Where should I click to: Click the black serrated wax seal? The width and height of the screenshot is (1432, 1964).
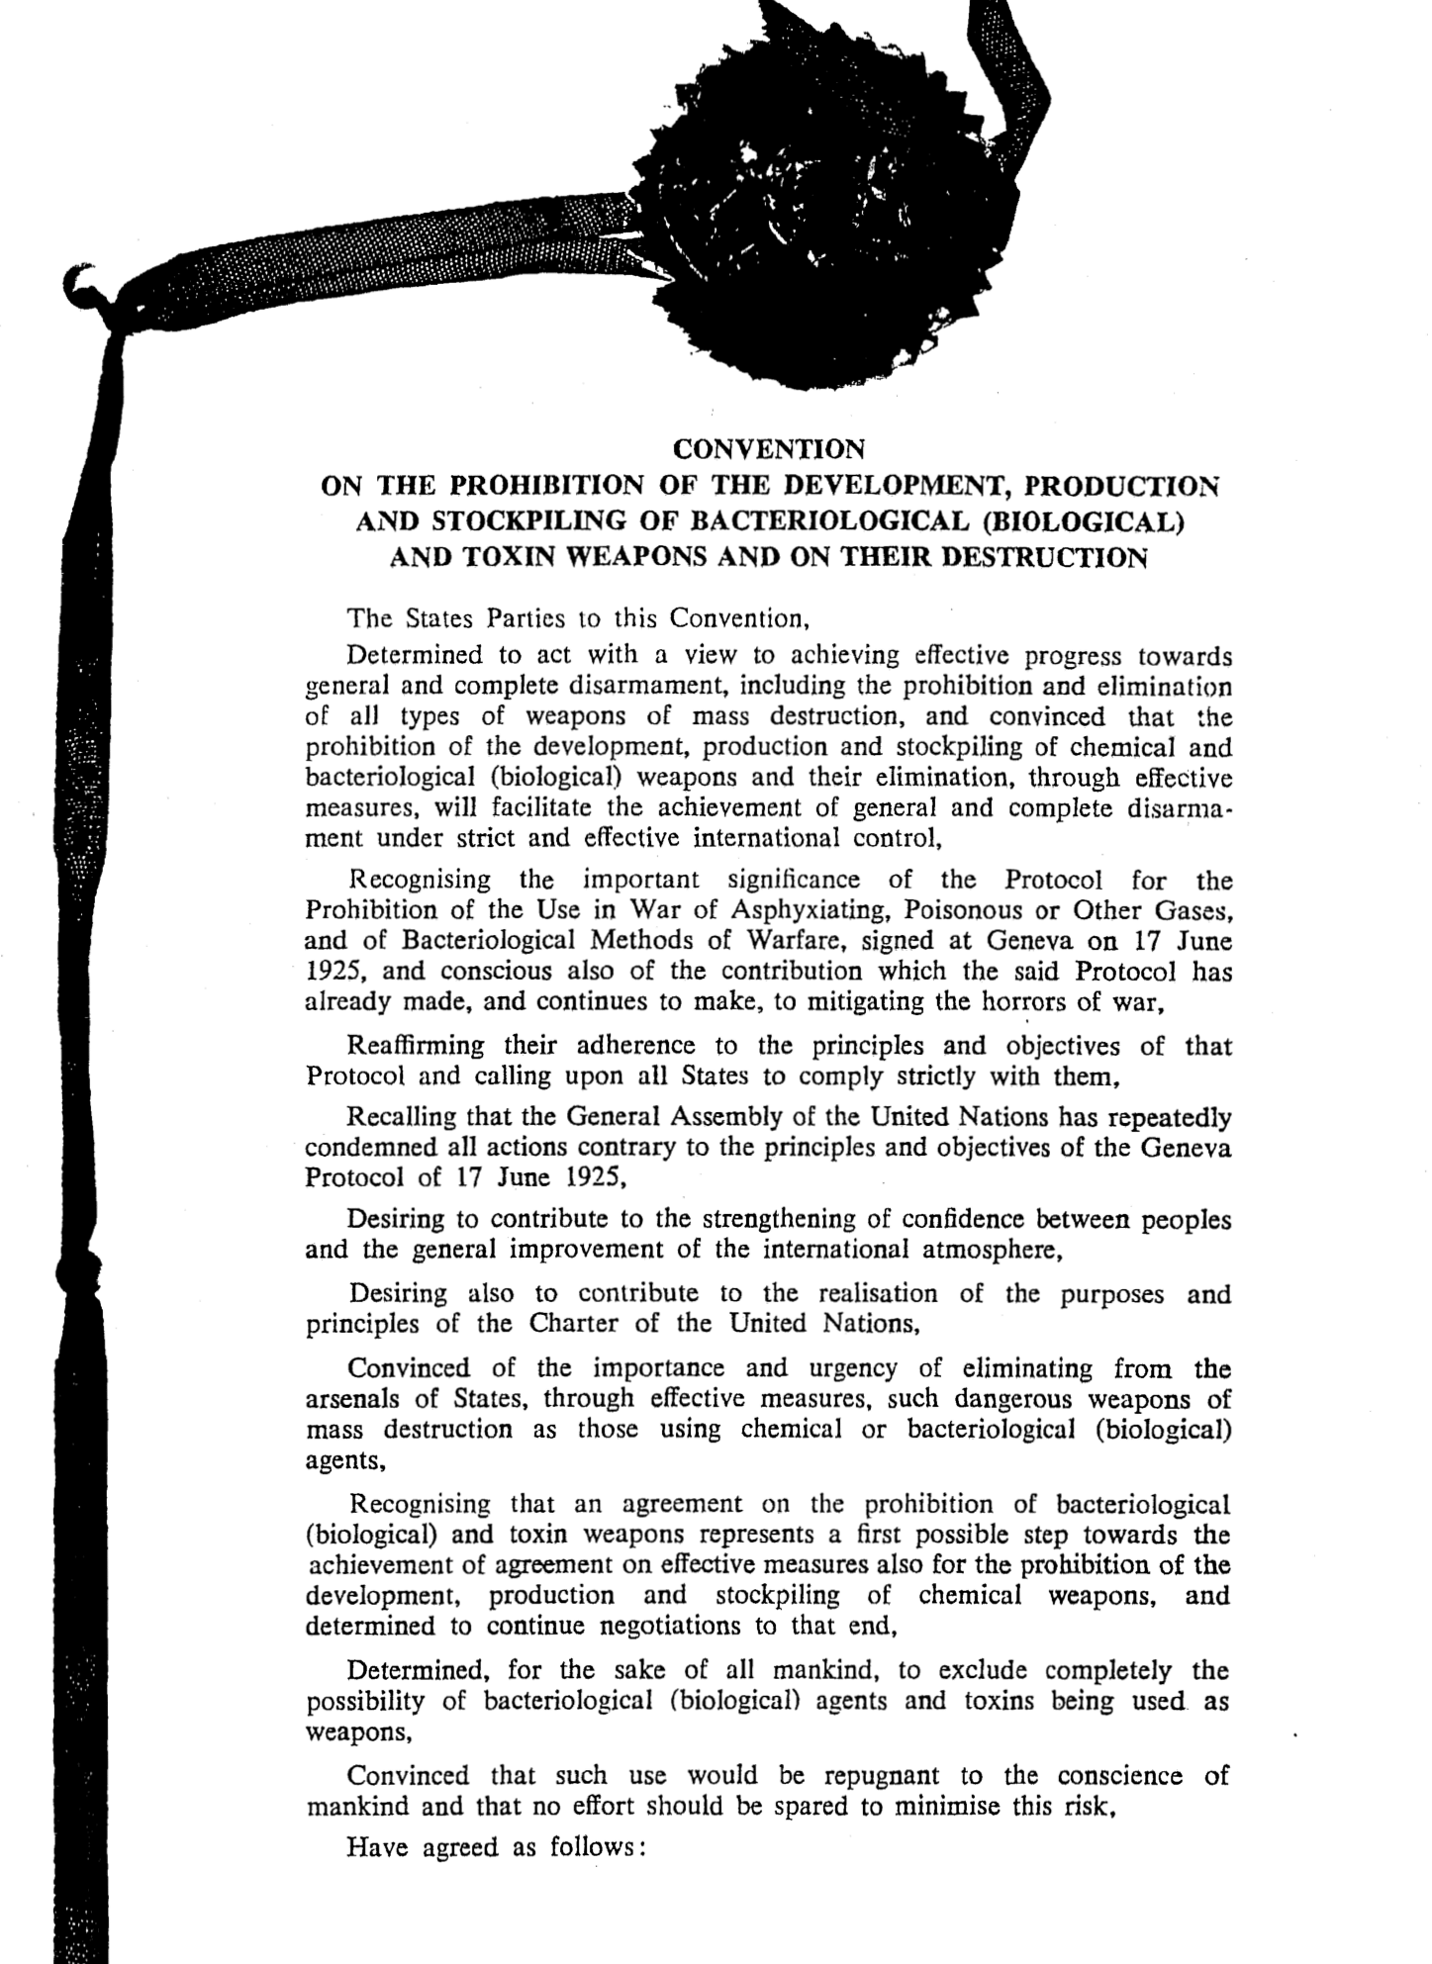[x=792, y=218]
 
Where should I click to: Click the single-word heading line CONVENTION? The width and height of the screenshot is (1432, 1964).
[x=768, y=449]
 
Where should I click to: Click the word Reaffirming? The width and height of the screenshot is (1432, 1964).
[x=416, y=1045]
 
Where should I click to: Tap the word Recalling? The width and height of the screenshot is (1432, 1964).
[x=402, y=1118]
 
